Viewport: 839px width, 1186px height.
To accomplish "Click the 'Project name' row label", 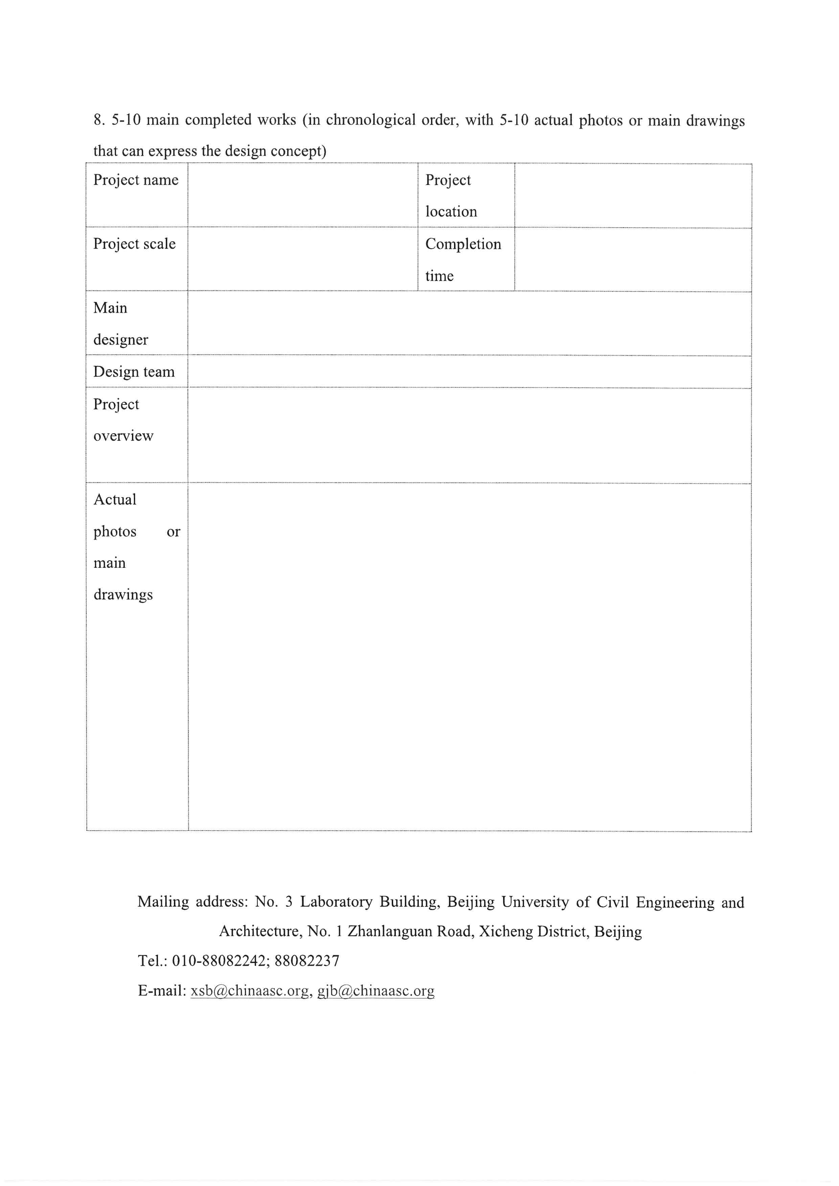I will pyautogui.click(x=136, y=180).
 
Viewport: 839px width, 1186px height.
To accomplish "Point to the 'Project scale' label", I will pyautogui.click(x=134, y=244).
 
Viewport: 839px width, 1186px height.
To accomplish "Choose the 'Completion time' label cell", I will pyautogui.click(x=462, y=259).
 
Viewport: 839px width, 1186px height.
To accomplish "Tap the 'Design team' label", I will pyautogui.click(x=134, y=372).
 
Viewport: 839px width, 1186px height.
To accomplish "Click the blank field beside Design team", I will pyautogui.click(x=469, y=372).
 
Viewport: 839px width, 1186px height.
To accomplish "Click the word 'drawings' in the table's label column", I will pyautogui.click(x=123, y=595).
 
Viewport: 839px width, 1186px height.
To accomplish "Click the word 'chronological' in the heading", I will pyautogui.click(x=370, y=120).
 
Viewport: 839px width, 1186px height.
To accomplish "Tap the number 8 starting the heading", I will pyautogui.click(x=98, y=120).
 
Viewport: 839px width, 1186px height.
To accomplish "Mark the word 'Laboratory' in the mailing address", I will pyautogui.click(x=336, y=902).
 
